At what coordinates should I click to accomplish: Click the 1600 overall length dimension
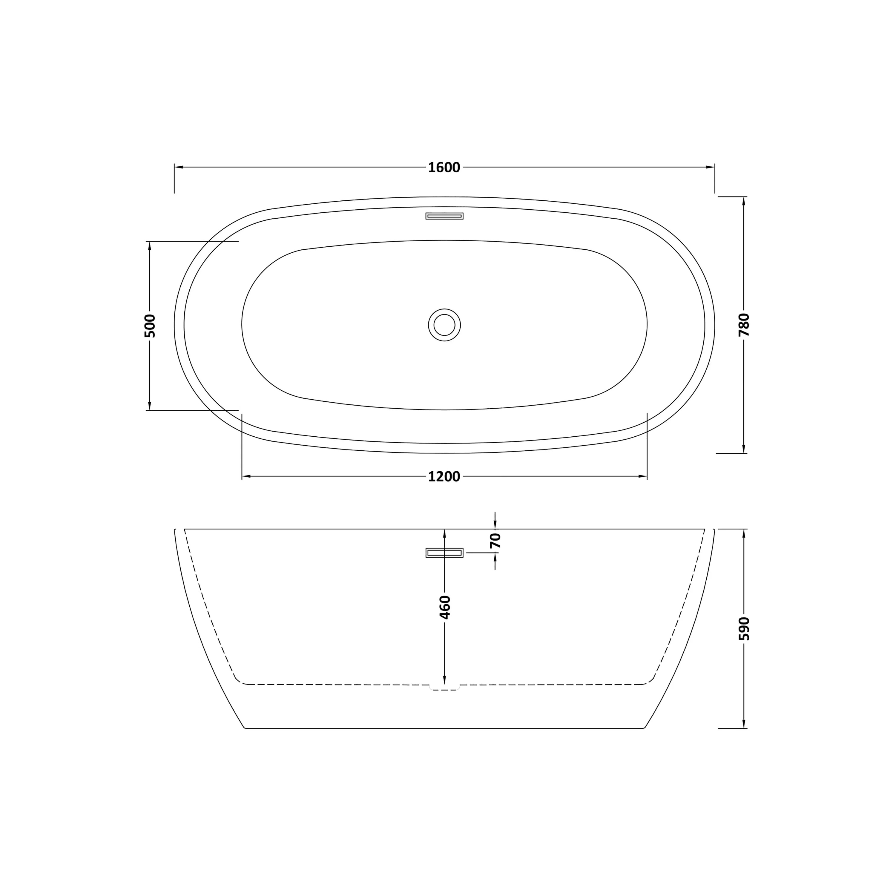click(444, 168)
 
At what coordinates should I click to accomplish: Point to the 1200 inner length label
click(444, 477)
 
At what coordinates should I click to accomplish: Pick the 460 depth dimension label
click(445, 607)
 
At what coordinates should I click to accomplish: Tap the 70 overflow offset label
click(495, 541)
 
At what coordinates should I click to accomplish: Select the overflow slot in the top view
click(444, 216)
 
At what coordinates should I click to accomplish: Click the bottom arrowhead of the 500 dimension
click(149, 406)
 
